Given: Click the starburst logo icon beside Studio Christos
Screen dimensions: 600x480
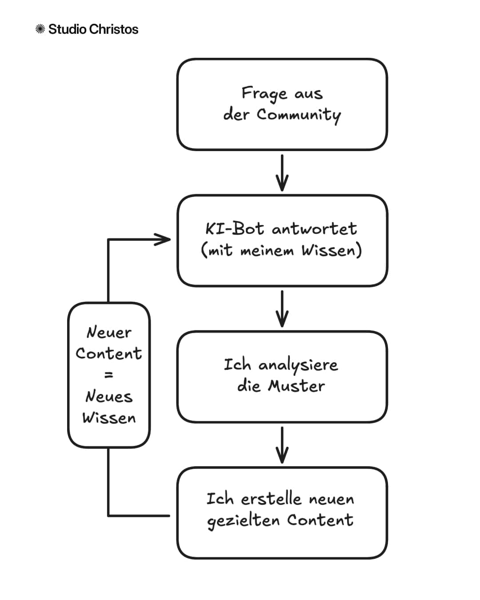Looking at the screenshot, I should [x=40, y=29].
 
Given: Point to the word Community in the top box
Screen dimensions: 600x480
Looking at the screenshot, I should [x=299, y=115].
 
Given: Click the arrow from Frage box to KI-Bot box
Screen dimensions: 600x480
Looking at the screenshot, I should [x=282, y=173].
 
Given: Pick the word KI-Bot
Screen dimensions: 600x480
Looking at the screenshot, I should [x=235, y=229].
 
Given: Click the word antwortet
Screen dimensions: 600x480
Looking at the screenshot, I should [x=314, y=229].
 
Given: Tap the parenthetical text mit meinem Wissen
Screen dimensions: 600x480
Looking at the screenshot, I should [x=282, y=250].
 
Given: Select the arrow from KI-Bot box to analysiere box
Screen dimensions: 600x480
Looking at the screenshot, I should [x=282, y=309].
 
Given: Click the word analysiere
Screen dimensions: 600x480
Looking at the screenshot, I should [x=298, y=365].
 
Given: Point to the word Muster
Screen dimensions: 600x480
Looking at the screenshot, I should [x=296, y=386].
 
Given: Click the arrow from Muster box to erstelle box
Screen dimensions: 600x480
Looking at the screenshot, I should [x=282, y=445].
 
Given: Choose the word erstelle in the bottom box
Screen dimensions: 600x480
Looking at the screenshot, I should [x=271, y=499].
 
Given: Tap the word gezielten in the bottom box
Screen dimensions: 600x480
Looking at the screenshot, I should [x=243, y=520].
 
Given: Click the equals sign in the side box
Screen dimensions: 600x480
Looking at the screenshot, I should [x=109, y=375].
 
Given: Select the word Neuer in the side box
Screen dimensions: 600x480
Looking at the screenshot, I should [x=109, y=332].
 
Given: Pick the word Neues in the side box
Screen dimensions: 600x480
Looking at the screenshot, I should [x=109, y=396].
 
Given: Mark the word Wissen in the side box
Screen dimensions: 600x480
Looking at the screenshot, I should [x=109, y=418].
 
